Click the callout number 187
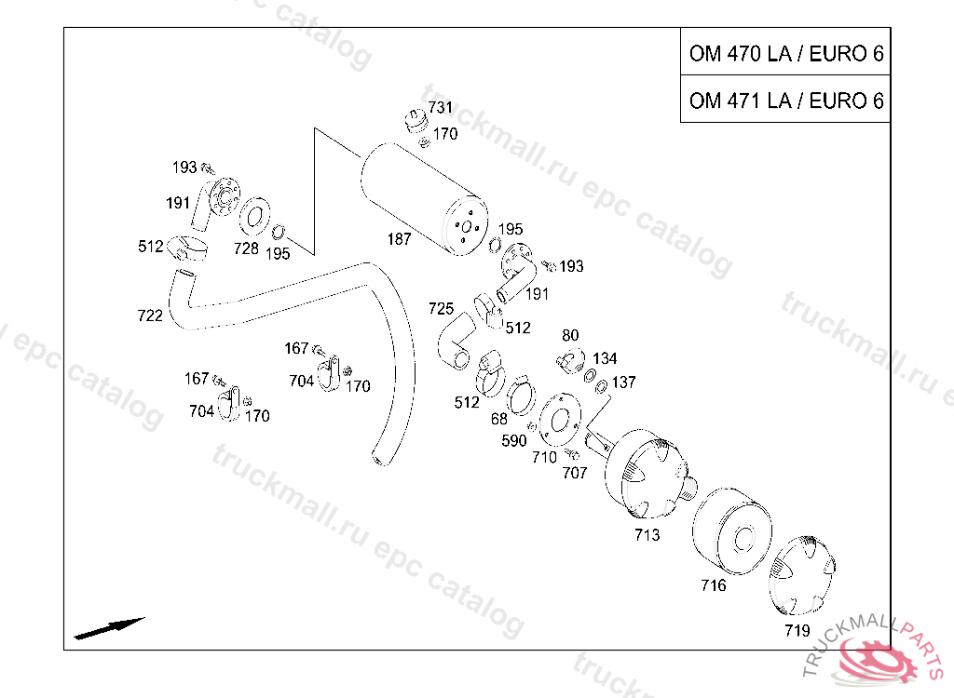pyautogui.click(x=399, y=239)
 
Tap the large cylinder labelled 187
pyautogui.click(x=425, y=198)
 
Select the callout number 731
pyautogui.click(x=440, y=108)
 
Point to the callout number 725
pyautogui.click(x=441, y=309)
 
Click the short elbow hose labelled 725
pyautogui.click(x=457, y=341)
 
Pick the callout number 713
pyautogui.click(x=647, y=535)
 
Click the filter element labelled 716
pyautogui.click(x=732, y=530)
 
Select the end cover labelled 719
pyautogui.click(x=802, y=576)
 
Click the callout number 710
pyautogui.click(x=544, y=457)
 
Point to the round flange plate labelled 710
pyautogui.click(x=560, y=420)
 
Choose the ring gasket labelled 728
pyautogui.click(x=255, y=217)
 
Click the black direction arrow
pyautogui.click(x=110, y=629)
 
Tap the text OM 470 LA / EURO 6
pyautogui.click(x=786, y=53)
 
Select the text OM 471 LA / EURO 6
pyautogui.click(x=786, y=101)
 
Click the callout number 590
pyautogui.click(x=514, y=440)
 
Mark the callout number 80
pyautogui.click(x=570, y=336)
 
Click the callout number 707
pyautogui.click(x=574, y=473)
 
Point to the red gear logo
pyautogui.click(x=876, y=660)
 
